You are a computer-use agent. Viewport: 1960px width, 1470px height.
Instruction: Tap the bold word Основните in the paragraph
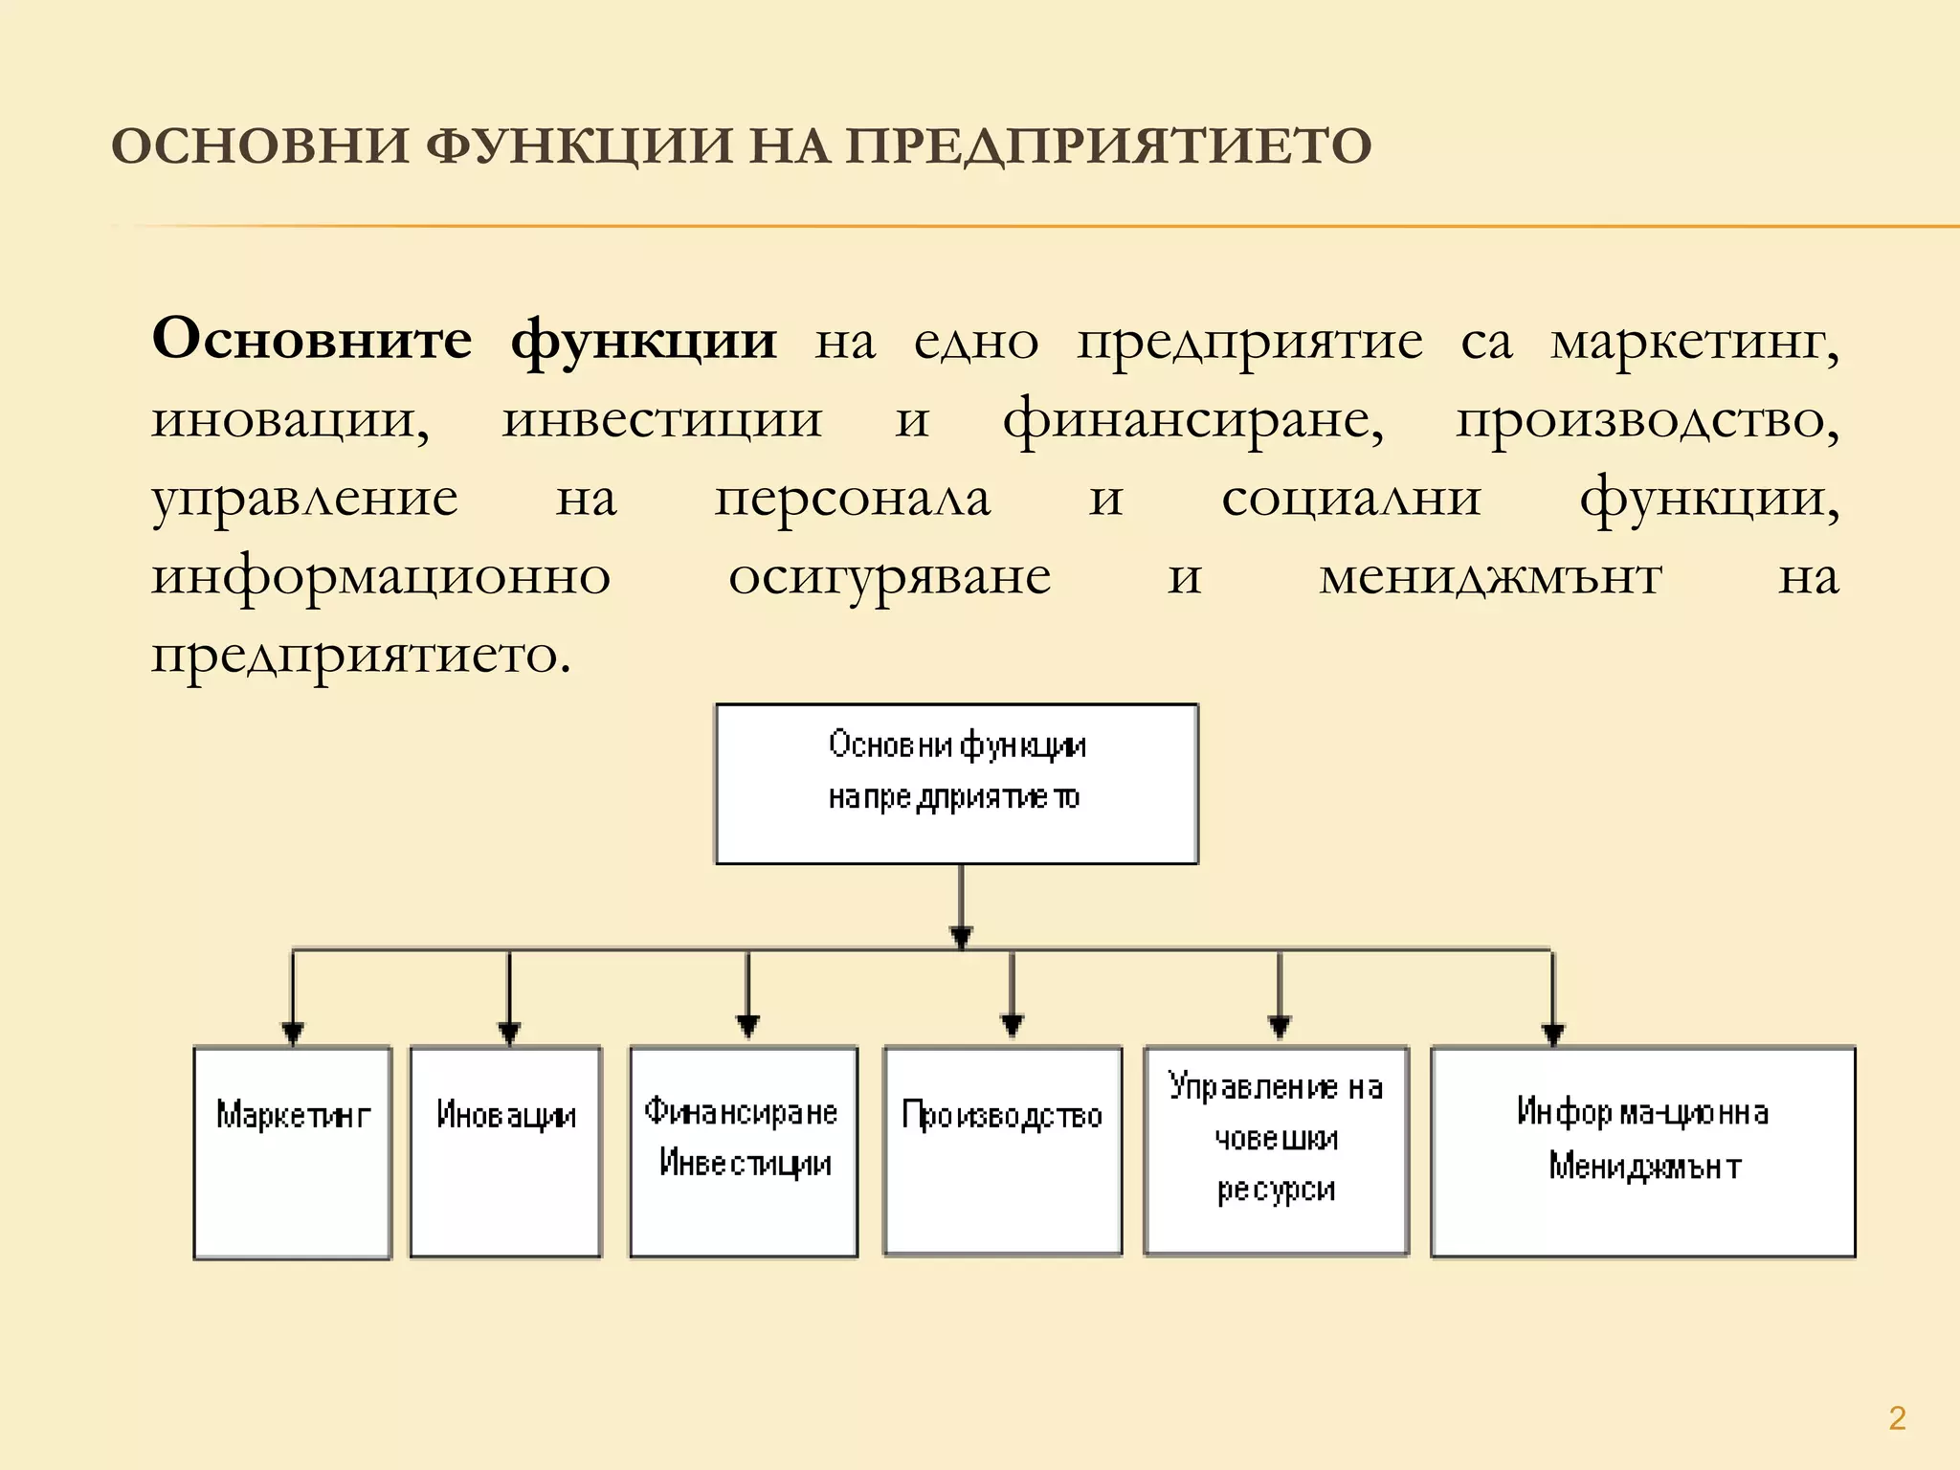312,340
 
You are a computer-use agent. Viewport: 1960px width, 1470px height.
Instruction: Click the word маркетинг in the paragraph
1694,343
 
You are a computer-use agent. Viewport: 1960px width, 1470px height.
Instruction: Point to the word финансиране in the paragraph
1192,421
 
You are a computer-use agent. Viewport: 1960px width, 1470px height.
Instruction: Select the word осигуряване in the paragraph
889,578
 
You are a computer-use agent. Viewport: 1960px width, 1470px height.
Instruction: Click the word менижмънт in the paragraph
1490,578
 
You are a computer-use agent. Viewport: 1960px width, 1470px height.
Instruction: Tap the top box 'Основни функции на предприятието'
956,784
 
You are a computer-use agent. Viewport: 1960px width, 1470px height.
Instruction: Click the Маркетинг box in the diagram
293,1152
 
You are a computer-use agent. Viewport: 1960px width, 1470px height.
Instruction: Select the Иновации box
505,1152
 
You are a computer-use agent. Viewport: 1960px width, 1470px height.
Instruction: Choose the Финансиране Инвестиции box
744,1152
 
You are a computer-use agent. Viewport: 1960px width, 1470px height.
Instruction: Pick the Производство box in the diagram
1002,1152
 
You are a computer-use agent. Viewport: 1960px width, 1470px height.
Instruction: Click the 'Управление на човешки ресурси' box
1277,1152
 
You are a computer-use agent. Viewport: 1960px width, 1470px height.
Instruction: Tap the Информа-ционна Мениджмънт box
1643,1152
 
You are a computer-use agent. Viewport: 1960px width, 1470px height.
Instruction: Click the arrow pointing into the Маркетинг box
293,1000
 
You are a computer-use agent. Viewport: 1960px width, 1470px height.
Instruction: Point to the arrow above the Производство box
1012,995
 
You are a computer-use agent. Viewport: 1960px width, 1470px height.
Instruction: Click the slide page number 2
1898,1417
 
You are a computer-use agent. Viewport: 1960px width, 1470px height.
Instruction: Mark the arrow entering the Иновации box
509,1000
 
